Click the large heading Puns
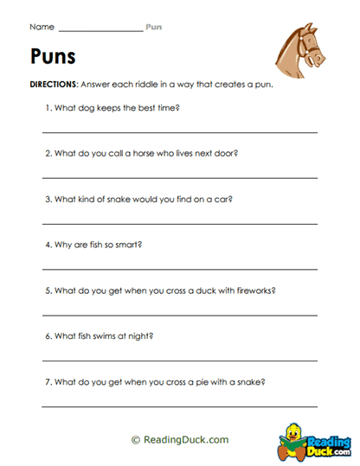(x=53, y=58)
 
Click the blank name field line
(x=101, y=31)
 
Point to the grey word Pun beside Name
(x=153, y=28)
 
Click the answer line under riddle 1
(x=180, y=132)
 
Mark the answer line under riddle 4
(x=180, y=269)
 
